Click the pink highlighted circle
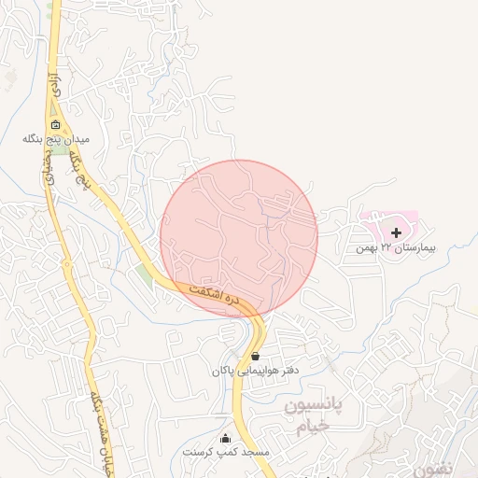[x=239, y=239]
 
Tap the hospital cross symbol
[x=396, y=232]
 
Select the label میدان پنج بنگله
[x=56, y=140]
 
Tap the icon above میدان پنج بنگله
[x=56, y=124]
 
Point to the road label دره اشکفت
[x=216, y=296]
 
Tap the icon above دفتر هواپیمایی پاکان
[x=256, y=356]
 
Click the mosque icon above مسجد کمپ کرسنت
[x=224, y=438]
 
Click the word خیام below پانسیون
[x=307, y=426]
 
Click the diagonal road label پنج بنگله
[x=77, y=168]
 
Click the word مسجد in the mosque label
[x=254, y=452]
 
